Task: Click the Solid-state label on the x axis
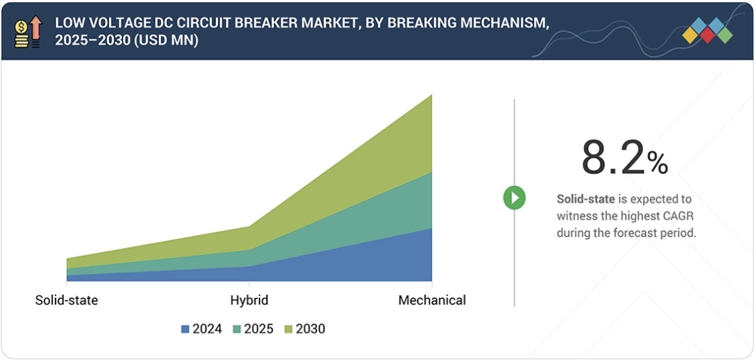(x=67, y=300)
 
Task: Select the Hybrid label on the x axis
(x=249, y=300)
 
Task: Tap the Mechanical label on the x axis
(x=431, y=300)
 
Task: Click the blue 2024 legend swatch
(x=185, y=329)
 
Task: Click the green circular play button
(x=514, y=198)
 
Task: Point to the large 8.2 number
(x=612, y=158)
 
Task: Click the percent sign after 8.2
(x=657, y=163)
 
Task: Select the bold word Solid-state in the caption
(x=585, y=199)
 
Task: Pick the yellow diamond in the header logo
(x=691, y=35)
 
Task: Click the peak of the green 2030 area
(x=431, y=96)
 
